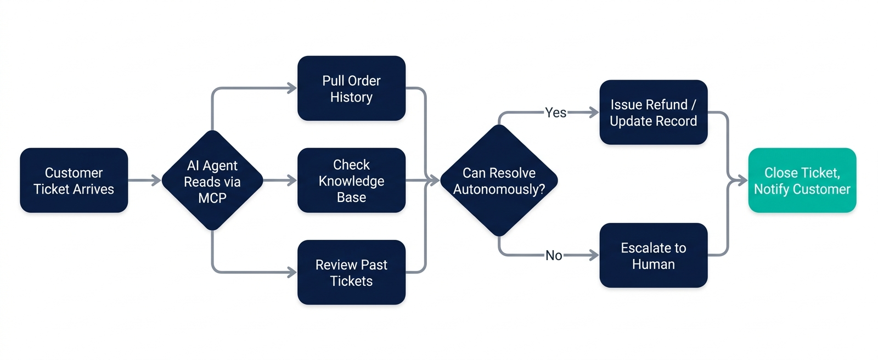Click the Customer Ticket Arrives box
74,180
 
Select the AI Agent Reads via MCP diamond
212,181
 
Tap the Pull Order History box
351,88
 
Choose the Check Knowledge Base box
351,181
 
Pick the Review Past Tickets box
351,272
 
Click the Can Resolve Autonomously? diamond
499,181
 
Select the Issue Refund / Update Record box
653,113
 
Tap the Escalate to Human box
653,255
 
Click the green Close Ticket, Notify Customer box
802,181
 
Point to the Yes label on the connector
555,113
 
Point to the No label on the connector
554,255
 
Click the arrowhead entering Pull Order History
292,88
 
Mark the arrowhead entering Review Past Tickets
292,272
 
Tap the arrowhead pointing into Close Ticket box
742,180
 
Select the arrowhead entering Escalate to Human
594,255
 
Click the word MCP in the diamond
212,198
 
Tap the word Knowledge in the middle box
351,181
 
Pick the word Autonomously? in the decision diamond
499,189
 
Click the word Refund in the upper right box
668,105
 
